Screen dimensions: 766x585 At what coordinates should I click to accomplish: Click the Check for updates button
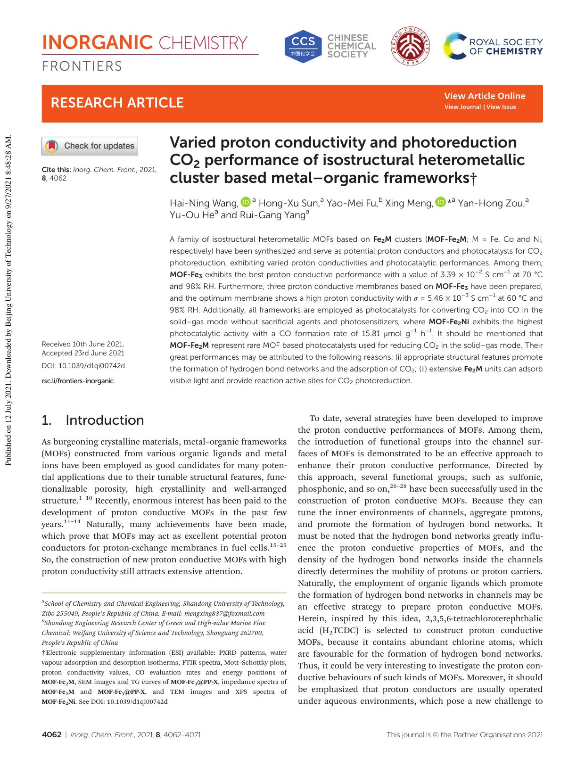click(90, 146)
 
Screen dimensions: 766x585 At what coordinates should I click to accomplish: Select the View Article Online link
click(485, 96)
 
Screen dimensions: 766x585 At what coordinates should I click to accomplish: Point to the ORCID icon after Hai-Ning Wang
click(246, 202)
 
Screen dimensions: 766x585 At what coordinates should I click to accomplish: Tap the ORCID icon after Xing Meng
click(440, 202)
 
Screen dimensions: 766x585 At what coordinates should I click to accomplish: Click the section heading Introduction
click(105, 420)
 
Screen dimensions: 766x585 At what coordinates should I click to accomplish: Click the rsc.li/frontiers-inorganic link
click(78, 381)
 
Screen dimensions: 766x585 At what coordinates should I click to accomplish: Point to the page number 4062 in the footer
click(51, 734)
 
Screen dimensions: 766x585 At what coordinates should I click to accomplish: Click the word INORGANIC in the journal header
click(98, 43)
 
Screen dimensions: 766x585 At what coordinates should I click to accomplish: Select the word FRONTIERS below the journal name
click(82, 66)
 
